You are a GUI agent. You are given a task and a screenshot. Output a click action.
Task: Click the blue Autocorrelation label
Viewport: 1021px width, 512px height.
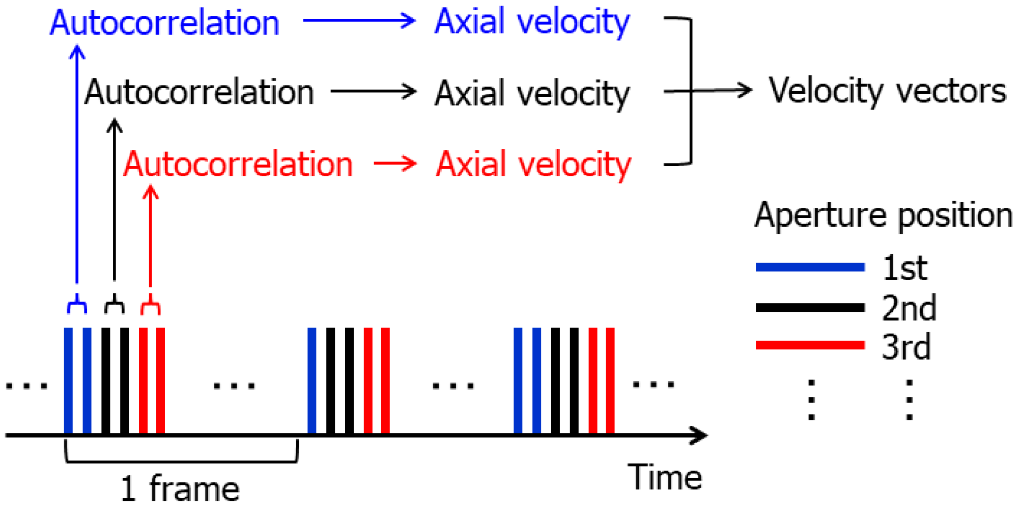point(164,23)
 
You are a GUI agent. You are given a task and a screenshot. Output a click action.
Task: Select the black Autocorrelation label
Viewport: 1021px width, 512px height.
point(199,93)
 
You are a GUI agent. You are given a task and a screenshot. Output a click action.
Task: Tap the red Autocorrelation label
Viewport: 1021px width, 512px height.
point(238,165)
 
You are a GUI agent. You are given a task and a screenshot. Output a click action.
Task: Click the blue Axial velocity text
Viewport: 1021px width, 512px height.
point(532,22)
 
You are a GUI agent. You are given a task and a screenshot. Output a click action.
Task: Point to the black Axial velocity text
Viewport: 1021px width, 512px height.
point(532,94)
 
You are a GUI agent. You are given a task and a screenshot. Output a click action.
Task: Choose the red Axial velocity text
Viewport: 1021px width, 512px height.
point(533,165)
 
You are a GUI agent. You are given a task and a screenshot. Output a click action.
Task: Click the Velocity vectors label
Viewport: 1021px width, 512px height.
point(887,91)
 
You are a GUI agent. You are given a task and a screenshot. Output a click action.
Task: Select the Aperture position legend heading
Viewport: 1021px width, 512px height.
point(883,215)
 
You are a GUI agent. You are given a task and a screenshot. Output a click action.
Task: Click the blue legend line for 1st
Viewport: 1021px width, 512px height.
point(810,267)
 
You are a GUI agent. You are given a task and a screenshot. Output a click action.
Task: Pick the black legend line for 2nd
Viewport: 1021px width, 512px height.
point(810,307)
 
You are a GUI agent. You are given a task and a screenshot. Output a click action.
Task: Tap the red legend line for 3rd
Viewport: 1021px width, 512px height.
point(810,345)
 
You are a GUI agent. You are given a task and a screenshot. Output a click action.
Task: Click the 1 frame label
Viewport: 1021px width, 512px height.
point(180,488)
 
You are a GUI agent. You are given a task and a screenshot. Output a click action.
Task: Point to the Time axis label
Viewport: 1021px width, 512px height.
point(665,477)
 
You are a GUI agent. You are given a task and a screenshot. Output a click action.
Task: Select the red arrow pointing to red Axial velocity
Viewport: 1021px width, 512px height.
point(395,164)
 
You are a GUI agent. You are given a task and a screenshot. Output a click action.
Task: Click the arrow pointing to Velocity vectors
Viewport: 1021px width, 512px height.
point(723,91)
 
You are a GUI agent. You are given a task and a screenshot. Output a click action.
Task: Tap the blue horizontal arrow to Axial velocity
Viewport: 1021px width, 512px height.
point(359,21)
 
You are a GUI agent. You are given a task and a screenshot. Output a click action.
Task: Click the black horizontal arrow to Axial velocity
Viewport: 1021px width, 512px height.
point(373,92)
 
